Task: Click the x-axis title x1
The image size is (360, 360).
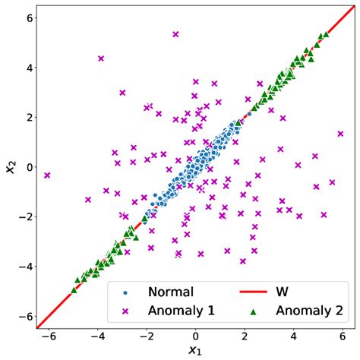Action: tap(195, 351)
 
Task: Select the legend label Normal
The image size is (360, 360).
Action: tap(171, 292)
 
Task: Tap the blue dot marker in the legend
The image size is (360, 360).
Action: tap(125, 292)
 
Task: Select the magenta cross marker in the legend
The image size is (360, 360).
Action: tap(125, 310)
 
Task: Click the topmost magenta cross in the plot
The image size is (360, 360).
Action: tap(175, 34)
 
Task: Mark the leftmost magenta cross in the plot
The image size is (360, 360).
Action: tap(47, 175)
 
